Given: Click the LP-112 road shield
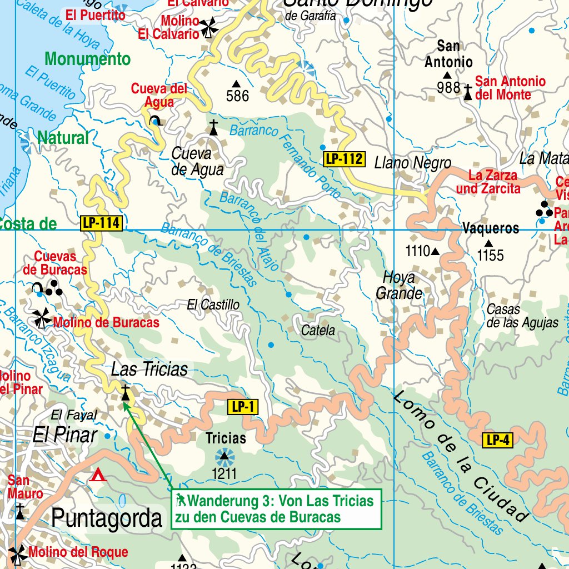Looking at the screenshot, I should click(343, 159).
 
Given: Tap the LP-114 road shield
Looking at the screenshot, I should click(101, 223).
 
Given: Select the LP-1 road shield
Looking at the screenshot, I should click(243, 407).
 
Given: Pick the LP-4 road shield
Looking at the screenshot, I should click(497, 440).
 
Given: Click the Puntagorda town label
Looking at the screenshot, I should click(106, 518).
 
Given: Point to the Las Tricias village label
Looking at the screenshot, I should click(149, 370).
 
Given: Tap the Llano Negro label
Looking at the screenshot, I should click(412, 163).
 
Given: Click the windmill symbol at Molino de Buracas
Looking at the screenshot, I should click(41, 318).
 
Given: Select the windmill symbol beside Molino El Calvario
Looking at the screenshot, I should click(208, 28).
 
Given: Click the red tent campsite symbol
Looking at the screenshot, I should click(98, 475).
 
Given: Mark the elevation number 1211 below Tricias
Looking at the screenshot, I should click(224, 474).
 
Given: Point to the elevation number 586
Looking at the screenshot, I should click(237, 96).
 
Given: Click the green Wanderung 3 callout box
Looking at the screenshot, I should click(276, 509).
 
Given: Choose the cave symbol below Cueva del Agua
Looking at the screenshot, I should click(155, 121).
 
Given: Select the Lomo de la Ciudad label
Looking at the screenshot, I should click(461, 457).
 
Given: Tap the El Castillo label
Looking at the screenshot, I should click(213, 305).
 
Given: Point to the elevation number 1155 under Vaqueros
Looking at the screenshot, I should click(490, 256).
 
